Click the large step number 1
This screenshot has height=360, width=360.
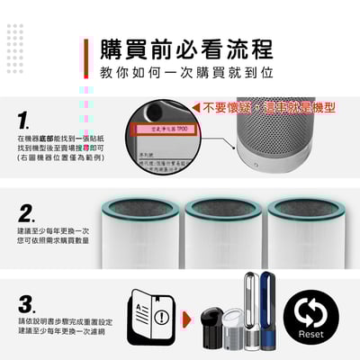(x=26, y=119)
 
